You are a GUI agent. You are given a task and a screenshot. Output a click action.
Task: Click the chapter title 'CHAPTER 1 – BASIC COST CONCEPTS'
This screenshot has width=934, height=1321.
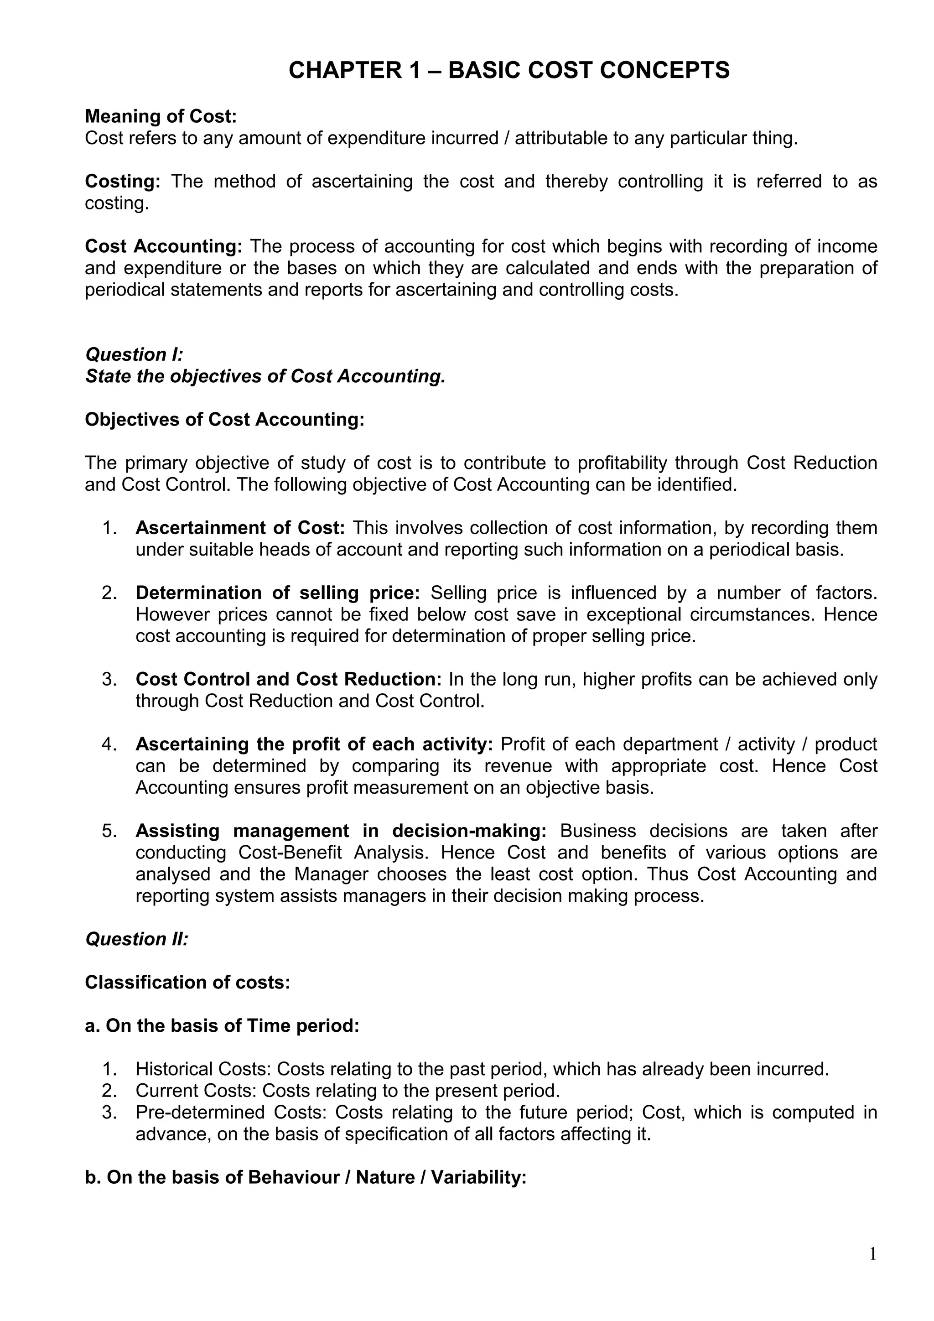click(x=509, y=70)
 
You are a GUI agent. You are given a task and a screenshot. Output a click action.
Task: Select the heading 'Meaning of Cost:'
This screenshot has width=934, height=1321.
click(x=161, y=116)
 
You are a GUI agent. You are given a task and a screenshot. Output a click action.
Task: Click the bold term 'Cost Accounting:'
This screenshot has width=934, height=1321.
click(x=164, y=246)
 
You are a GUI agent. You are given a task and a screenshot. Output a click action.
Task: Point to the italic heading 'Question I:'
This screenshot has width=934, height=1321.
click(x=134, y=354)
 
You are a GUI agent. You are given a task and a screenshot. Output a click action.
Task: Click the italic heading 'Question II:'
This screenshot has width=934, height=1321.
click(x=137, y=939)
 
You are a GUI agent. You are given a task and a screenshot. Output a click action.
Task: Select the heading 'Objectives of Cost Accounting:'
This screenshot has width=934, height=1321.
click(x=225, y=420)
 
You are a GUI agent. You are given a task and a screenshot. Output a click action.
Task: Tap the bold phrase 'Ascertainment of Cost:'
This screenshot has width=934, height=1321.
click(x=240, y=528)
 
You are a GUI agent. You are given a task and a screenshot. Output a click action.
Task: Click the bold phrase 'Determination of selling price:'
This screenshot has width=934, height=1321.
click(x=278, y=593)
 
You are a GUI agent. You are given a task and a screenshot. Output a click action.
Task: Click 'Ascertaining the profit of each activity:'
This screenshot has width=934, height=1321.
click(x=314, y=744)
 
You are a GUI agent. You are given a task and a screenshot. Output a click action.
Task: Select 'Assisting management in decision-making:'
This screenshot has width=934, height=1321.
click(x=341, y=831)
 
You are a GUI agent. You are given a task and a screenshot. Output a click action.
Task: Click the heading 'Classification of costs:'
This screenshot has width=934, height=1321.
click(x=187, y=982)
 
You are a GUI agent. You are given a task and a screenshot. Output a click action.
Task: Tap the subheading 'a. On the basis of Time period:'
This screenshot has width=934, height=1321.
click(x=222, y=1026)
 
